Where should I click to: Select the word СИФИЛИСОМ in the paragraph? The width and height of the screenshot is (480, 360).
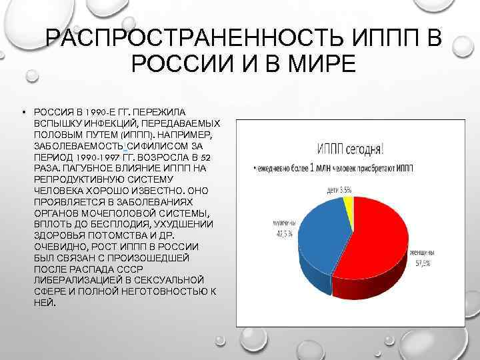tap(149, 145)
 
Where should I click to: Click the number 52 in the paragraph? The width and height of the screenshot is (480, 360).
tap(207, 156)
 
